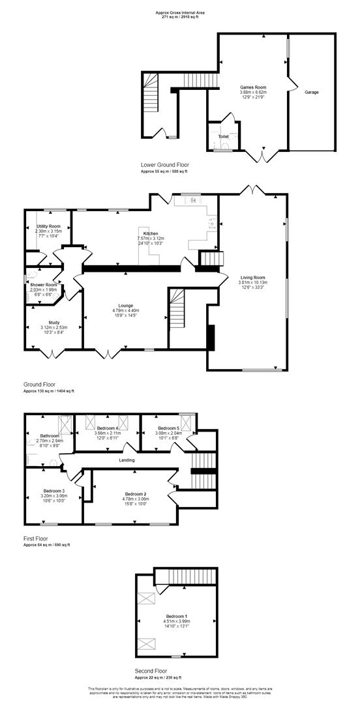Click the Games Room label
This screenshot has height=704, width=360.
click(x=253, y=87)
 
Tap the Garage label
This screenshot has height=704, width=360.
click(x=312, y=93)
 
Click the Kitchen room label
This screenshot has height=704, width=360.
click(x=151, y=233)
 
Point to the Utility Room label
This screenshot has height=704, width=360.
click(x=48, y=226)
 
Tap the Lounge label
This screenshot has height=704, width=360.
click(x=126, y=304)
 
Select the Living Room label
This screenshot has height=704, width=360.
click(x=252, y=278)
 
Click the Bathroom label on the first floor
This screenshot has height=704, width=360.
click(x=50, y=435)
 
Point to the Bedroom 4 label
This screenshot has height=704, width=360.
click(x=108, y=428)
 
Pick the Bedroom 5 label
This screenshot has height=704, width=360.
click(x=168, y=428)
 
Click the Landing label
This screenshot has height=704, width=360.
click(x=127, y=460)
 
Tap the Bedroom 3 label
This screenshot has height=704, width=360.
click(x=55, y=490)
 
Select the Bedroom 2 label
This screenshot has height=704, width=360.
click(x=136, y=495)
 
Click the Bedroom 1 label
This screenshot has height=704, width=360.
click(x=176, y=616)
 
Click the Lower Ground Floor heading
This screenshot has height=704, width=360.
click(x=165, y=165)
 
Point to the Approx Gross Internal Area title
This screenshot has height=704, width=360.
click(x=181, y=12)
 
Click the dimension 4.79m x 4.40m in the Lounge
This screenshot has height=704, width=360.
click(x=126, y=310)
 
